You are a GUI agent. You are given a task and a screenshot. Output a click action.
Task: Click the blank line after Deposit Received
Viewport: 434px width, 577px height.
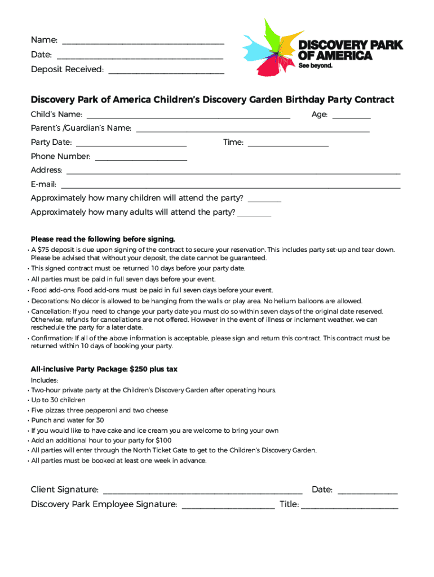[166, 71]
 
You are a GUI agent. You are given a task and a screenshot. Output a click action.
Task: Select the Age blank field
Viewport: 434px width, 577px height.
[351, 116]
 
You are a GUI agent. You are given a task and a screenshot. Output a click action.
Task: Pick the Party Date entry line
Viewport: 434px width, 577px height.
[131, 144]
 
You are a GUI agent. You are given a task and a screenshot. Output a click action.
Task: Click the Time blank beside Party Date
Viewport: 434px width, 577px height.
[288, 144]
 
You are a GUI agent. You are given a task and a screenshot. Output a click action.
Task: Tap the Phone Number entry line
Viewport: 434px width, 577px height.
[141, 158]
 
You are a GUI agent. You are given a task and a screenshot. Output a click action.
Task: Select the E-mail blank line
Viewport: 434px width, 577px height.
[231, 186]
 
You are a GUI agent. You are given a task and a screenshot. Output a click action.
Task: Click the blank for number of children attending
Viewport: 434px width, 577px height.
[264, 199]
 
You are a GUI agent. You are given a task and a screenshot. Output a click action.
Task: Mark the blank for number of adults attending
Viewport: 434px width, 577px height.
[254, 214]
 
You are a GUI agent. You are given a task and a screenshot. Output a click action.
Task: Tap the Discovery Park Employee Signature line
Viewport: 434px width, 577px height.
[228, 505]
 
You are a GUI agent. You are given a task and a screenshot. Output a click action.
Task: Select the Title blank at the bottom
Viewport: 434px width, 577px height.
[349, 505]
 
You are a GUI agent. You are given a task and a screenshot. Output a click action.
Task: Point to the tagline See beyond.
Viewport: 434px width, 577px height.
[316, 65]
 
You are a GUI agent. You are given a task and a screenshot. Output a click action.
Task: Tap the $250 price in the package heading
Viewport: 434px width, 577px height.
[139, 369]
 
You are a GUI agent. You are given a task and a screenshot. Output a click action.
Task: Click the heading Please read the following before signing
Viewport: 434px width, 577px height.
[103, 239]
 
